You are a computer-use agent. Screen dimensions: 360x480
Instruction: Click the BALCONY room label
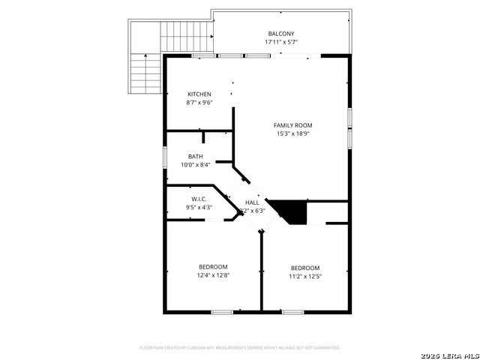(x=281, y=34)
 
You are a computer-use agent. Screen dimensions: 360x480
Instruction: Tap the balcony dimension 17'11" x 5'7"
(x=281, y=42)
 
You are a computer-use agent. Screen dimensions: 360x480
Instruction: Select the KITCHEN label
(x=199, y=94)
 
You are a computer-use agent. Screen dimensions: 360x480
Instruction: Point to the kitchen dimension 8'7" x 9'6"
(x=199, y=103)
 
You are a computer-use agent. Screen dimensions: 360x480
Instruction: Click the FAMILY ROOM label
(x=292, y=125)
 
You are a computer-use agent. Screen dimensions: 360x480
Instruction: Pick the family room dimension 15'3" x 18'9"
(x=292, y=133)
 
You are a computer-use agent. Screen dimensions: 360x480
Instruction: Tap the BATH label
(x=195, y=157)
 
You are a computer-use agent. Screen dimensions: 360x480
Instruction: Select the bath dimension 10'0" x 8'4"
(x=195, y=165)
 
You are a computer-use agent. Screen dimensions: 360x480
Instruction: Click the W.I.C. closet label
(x=199, y=199)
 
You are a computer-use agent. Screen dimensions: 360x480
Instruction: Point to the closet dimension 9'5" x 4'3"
(x=199, y=207)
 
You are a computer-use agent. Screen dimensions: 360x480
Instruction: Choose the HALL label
(x=252, y=202)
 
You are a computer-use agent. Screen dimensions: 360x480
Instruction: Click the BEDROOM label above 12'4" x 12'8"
(x=213, y=267)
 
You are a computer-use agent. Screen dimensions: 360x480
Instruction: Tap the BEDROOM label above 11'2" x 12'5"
(x=305, y=268)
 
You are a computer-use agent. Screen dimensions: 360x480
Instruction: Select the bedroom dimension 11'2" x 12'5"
(x=305, y=276)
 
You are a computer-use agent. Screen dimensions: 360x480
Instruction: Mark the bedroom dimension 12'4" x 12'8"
(x=213, y=275)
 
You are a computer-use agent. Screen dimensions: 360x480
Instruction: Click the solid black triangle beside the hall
(x=294, y=211)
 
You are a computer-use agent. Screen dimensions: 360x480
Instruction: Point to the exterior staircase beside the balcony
(x=145, y=72)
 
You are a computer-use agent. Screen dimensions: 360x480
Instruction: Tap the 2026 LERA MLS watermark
(x=449, y=354)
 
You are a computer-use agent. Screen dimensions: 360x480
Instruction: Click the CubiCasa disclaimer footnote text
(x=240, y=348)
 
